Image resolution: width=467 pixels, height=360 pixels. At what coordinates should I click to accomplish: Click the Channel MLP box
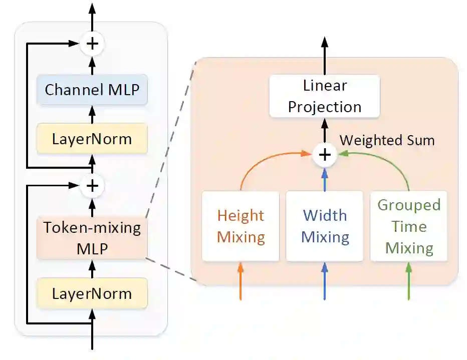92,90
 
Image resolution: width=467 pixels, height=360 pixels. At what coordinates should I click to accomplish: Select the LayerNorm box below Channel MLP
92,139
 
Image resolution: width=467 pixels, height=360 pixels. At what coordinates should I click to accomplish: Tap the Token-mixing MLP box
92,238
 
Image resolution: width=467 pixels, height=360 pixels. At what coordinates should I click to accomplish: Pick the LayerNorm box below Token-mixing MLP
92,293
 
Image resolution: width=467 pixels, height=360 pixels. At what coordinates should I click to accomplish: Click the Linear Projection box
325,96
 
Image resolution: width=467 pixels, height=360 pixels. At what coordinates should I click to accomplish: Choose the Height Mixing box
241,226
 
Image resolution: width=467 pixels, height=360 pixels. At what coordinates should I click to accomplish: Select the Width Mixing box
325,226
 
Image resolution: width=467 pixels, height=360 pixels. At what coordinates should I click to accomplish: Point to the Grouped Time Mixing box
409,226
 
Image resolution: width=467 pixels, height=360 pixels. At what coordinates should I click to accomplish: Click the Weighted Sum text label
387,140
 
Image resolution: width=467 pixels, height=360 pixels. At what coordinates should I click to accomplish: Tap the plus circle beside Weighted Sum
325,155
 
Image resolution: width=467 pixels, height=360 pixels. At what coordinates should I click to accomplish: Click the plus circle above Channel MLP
92,44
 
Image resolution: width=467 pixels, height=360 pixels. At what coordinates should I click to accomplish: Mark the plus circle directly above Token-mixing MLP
92,186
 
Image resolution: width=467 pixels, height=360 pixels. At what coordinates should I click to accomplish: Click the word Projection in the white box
325,107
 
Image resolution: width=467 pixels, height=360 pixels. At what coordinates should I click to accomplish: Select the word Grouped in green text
409,205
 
